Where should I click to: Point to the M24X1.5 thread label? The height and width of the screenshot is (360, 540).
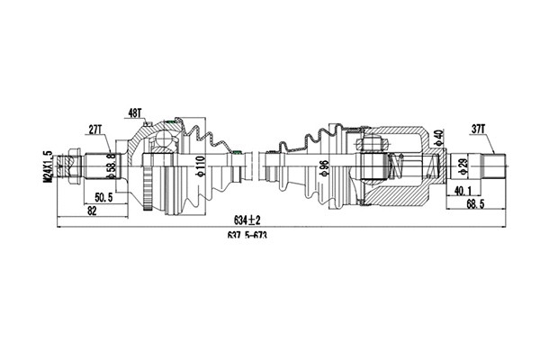(48, 166)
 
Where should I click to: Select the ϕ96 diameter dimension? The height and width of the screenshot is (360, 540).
(320, 167)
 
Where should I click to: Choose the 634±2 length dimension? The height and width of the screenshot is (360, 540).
(247, 220)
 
